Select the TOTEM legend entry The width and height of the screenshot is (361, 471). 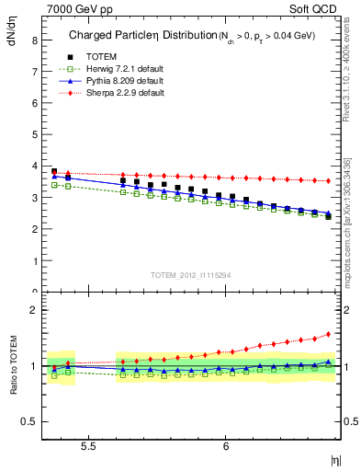[100, 56]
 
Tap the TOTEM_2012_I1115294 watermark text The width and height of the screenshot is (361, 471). [192, 275]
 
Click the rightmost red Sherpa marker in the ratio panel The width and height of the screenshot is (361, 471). [328, 334]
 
